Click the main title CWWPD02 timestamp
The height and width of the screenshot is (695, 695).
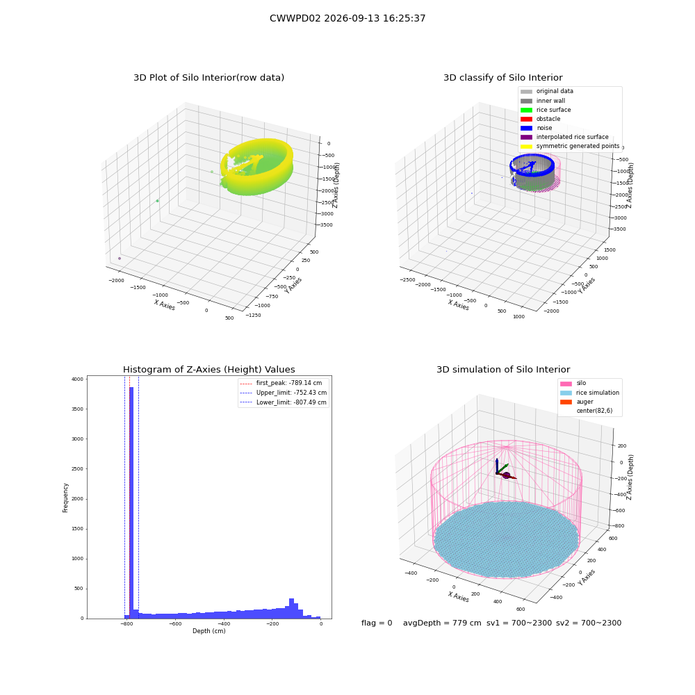tap(347, 18)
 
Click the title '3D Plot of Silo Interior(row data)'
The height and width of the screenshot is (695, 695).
tap(208, 78)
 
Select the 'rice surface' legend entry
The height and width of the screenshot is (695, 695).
tap(546, 110)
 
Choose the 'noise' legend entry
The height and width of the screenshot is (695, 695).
tap(537, 128)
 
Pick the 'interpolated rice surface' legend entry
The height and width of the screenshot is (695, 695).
tap(564, 137)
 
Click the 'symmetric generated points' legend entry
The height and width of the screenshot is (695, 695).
tap(570, 146)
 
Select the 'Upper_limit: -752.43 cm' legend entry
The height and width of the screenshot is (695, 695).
tap(284, 393)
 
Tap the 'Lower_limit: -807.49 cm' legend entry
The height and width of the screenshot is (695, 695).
tap(284, 402)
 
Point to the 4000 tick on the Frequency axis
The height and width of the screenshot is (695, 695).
tap(77, 379)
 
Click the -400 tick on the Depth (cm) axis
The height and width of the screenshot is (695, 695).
tap(224, 624)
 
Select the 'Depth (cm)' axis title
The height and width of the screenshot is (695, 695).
tap(208, 631)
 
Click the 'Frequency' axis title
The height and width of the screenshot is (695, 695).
tap(65, 498)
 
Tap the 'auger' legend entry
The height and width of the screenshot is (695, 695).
tap(577, 402)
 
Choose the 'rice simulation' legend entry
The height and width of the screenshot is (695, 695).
tap(589, 393)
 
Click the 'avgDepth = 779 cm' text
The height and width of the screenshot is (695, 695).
tap(442, 623)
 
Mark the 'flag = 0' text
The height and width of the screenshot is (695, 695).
tap(377, 623)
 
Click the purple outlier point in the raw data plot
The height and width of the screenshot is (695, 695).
tap(120, 259)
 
